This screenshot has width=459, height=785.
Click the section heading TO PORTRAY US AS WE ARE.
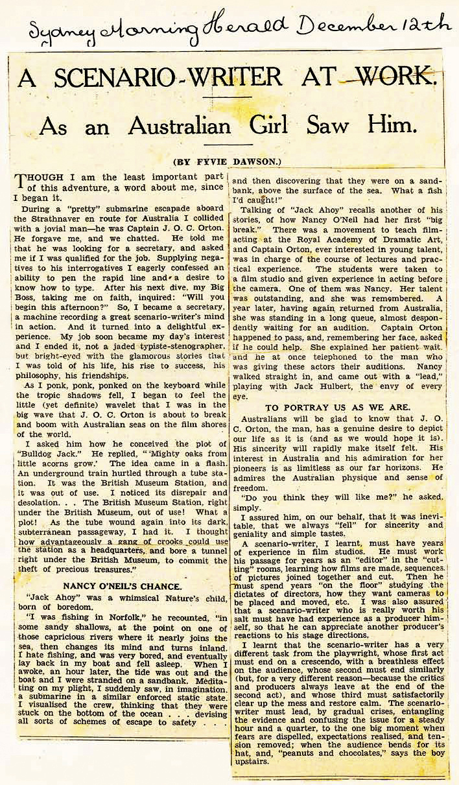point(338,407)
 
